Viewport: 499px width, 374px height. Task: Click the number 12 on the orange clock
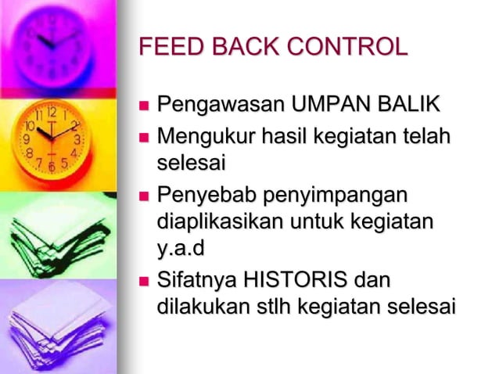(52, 112)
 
